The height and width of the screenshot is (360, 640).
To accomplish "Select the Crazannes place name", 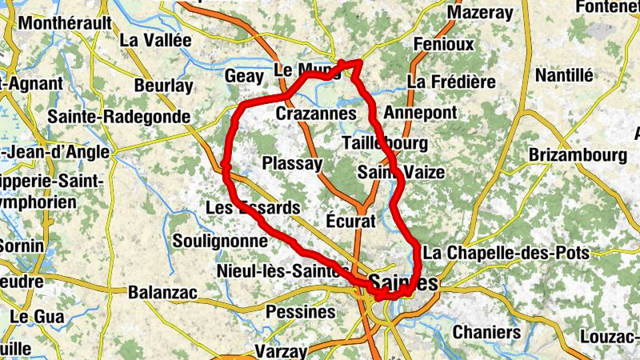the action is (315, 114).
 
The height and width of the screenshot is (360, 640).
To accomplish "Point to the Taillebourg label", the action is (384, 143).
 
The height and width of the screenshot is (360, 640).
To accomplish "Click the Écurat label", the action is (350, 220).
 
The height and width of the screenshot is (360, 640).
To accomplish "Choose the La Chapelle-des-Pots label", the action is (506, 253).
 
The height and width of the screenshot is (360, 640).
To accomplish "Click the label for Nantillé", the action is (565, 75).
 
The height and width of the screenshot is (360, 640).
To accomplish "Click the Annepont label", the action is (420, 112).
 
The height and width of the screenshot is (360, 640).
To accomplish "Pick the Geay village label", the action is (243, 74).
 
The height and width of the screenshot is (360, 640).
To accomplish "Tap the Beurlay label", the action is (164, 86).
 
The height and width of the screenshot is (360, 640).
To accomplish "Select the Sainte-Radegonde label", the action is (118, 116).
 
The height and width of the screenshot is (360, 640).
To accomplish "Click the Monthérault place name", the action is (65, 23).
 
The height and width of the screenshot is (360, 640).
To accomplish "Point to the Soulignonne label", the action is (219, 241).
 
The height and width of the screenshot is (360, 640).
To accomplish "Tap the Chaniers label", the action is (486, 331).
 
